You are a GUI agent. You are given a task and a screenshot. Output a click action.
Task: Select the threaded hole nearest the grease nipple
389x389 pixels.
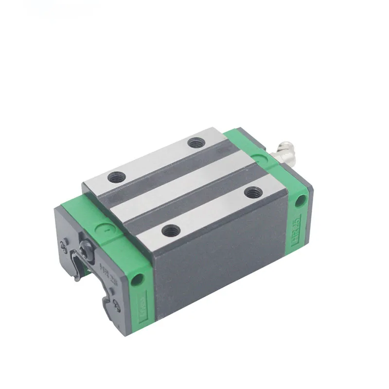pos(196,143)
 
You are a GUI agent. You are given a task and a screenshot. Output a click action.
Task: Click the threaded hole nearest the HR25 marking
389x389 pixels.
pos(251,193)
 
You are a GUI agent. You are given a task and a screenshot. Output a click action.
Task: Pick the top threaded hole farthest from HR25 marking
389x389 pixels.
pos(116,177)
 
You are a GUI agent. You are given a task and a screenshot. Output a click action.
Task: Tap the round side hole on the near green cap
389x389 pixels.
pos(138,279)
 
